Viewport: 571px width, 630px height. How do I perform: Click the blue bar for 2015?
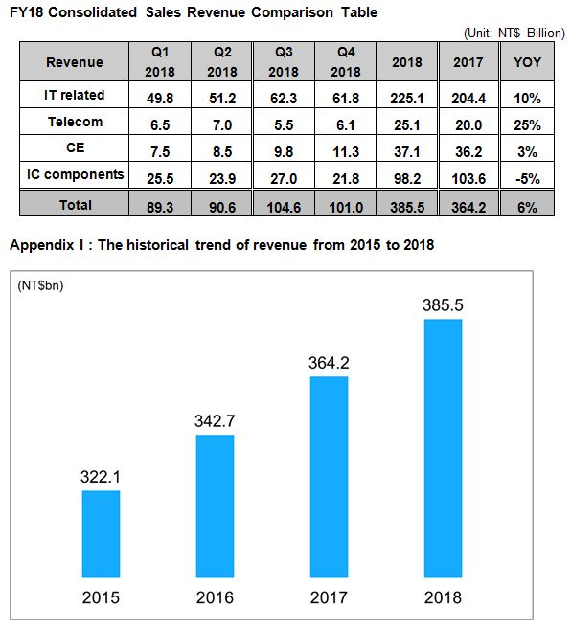pyautogui.click(x=101, y=534)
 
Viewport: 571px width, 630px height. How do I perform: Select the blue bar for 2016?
pyautogui.click(x=215, y=506)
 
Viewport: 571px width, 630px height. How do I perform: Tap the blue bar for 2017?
pyautogui.click(x=329, y=477)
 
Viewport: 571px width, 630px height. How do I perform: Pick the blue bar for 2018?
pyautogui.click(x=443, y=448)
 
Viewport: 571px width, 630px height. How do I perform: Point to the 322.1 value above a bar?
pyautogui.click(x=101, y=477)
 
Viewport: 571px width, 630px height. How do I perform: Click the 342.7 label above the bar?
pyautogui.click(x=215, y=421)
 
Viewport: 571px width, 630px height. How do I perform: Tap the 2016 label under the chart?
pyautogui.click(x=215, y=597)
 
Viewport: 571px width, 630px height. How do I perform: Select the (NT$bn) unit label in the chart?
pyautogui.click(x=40, y=285)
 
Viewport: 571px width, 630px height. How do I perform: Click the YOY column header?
pyautogui.click(x=527, y=62)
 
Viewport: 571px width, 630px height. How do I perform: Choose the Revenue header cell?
pyautogui.click(x=75, y=62)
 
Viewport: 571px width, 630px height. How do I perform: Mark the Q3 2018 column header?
pyautogui.click(x=284, y=62)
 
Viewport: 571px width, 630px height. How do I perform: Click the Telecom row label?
pyautogui.click(x=75, y=122)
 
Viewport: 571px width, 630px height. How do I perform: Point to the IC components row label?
pyautogui.click(x=75, y=174)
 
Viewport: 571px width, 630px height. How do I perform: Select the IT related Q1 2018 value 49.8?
pyautogui.click(x=160, y=98)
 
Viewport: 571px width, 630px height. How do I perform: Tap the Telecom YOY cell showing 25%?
pyautogui.click(x=527, y=125)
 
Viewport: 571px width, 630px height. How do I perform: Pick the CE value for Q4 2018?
pyautogui.click(x=346, y=152)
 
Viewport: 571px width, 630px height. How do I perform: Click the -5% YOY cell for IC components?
pyautogui.click(x=527, y=178)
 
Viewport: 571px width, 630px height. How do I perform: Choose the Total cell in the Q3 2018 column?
pyautogui.click(x=284, y=208)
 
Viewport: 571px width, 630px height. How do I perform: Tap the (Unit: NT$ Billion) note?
pyautogui.click(x=514, y=33)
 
